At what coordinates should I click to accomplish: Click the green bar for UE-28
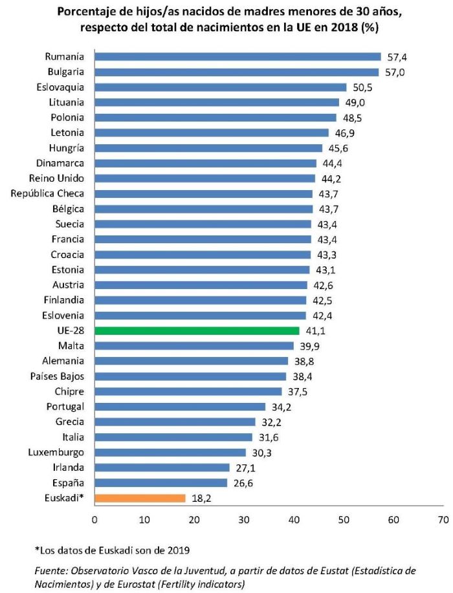197,330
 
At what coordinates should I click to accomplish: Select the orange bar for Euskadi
140,498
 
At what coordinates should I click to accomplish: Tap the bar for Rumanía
238,57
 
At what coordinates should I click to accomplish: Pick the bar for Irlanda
162,468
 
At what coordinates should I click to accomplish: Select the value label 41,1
315,330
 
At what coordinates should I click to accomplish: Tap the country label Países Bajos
57,376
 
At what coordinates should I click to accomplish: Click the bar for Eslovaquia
220,87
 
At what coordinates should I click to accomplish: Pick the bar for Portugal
180,407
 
